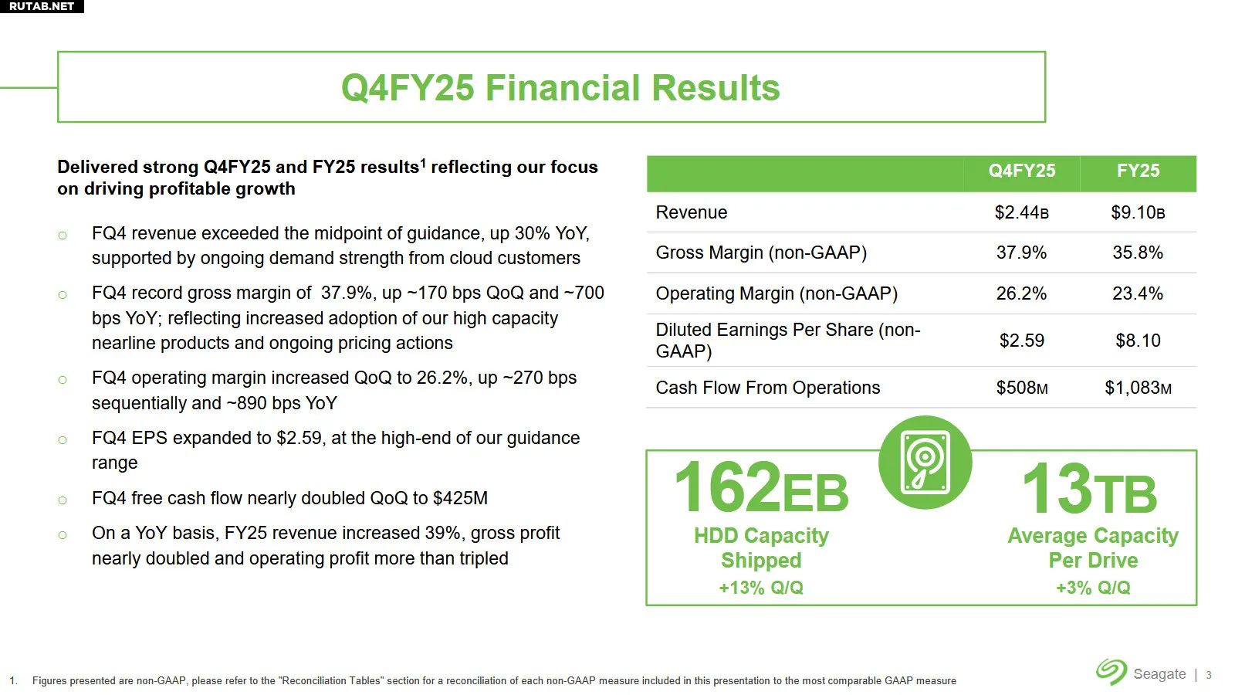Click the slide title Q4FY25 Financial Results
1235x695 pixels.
point(560,88)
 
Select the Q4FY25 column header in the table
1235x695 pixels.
point(1022,171)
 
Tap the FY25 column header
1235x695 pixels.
point(1138,171)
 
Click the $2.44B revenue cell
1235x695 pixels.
point(1022,212)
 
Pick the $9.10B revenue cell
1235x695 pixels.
point(1138,212)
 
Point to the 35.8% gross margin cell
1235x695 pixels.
point(1138,253)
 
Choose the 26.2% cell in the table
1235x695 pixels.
point(1022,293)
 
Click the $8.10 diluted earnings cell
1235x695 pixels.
point(1138,341)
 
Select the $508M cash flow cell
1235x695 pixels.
point(1022,388)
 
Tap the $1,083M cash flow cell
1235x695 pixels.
point(1138,388)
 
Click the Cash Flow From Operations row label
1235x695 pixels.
point(767,388)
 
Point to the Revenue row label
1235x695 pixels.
point(692,212)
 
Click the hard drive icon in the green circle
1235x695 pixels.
point(925,463)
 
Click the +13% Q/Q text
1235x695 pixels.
point(761,588)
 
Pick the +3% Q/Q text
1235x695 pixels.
point(1093,588)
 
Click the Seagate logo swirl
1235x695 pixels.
point(1111,671)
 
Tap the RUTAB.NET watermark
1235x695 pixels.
point(42,6)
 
